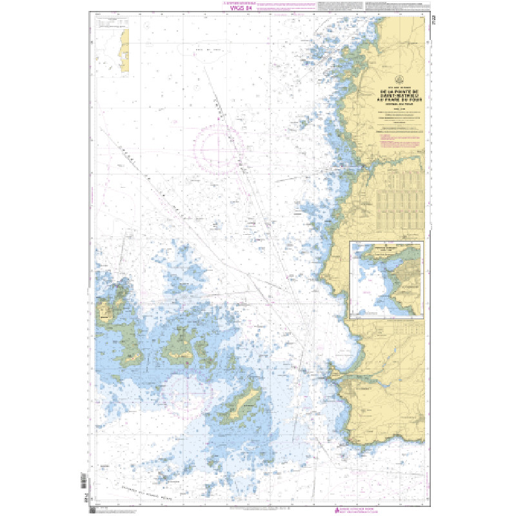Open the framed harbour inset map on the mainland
386,280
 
